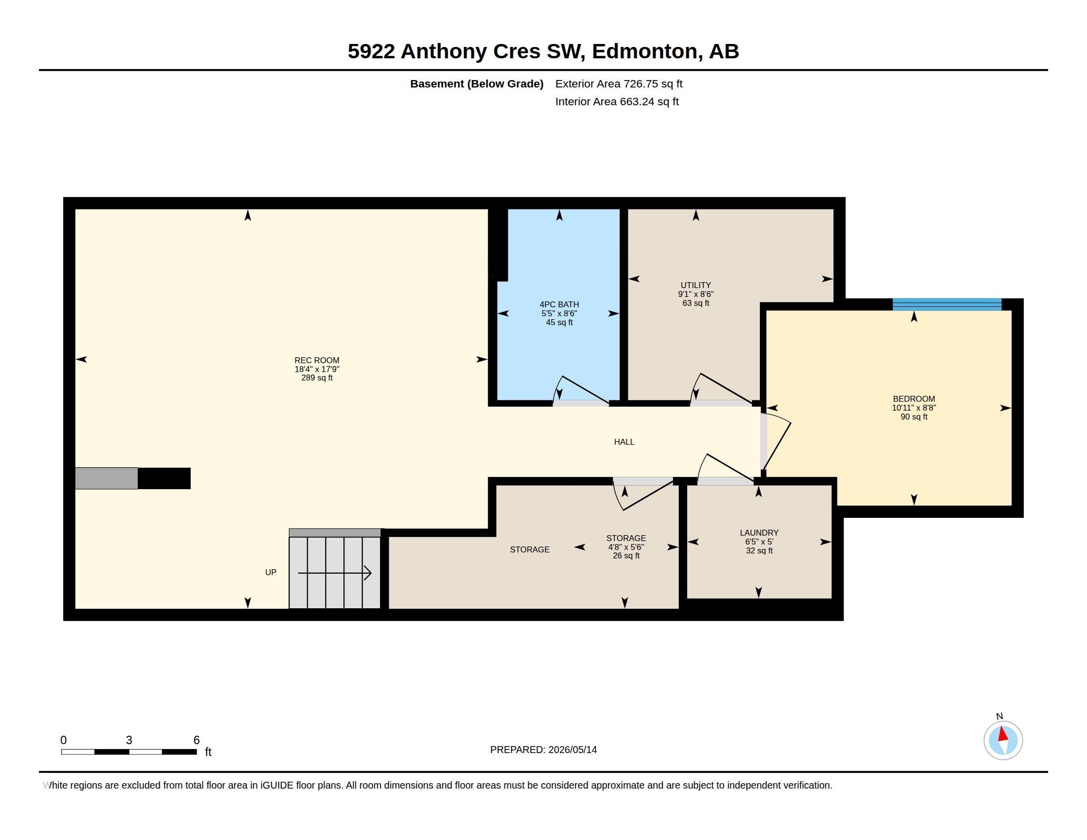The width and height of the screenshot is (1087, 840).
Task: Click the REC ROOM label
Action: tap(317, 360)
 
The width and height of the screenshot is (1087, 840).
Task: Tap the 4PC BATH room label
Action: tap(559, 304)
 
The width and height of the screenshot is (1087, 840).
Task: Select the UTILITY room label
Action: tap(695, 285)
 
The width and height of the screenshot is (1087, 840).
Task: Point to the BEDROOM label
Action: tap(914, 399)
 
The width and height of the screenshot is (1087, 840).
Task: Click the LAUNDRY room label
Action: tap(759, 533)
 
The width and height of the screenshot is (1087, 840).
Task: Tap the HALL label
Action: tap(624, 442)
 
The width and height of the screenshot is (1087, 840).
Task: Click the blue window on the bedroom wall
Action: tap(947, 304)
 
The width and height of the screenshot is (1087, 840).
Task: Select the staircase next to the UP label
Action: tap(335, 568)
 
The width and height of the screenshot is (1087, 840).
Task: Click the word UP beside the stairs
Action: tap(271, 572)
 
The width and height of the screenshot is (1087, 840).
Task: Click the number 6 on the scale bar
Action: tap(197, 740)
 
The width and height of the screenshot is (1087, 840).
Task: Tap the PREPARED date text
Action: tap(543, 750)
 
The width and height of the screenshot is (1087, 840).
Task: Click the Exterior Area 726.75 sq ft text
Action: tap(619, 84)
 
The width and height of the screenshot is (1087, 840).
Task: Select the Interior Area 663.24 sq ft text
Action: tap(617, 101)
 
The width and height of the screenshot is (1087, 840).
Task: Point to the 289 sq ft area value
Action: tap(317, 378)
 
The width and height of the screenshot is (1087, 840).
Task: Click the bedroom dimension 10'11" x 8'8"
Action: tap(914, 408)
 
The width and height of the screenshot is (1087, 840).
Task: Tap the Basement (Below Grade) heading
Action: tap(476, 84)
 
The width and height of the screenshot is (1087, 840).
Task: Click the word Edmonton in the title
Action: tap(644, 51)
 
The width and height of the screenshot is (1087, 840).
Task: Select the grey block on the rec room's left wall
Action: tap(107, 478)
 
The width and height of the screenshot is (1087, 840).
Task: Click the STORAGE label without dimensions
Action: tap(530, 549)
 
